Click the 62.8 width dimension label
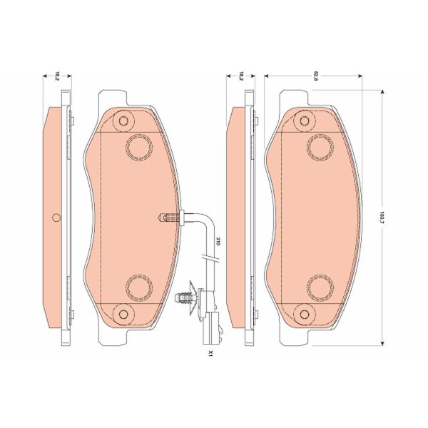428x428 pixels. coord(315,73)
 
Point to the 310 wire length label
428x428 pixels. coord(218,242)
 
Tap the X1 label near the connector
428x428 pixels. coord(210,353)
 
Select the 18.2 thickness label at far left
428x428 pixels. coord(57,74)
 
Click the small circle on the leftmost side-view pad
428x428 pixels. coord(57,218)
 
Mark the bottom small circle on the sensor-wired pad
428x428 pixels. coord(123,313)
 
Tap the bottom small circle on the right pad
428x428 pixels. coord(305,313)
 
